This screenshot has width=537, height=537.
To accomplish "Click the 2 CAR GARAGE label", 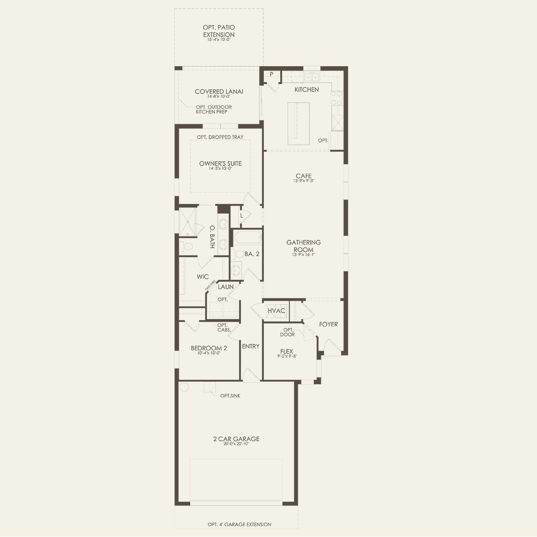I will (x=236, y=439).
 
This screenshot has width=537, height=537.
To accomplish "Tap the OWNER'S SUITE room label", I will (x=220, y=163).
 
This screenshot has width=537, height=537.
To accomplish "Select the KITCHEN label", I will (x=307, y=89).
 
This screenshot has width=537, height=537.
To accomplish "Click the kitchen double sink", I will (x=312, y=78).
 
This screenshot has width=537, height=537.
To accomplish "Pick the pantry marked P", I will (x=272, y=74).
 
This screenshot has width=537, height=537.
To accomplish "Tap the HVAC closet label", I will (x=276, y=311).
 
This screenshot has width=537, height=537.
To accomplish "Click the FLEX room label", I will (x=286, y=351).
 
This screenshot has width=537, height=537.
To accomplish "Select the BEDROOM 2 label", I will (x=209, y=348).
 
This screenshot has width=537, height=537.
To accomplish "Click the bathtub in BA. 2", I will (x=247, y=238).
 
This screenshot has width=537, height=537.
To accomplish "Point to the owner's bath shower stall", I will (x=188, y=222).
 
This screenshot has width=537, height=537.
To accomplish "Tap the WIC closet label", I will (x=203, y=276).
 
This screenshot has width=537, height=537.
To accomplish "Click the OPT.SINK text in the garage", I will (x=230, y=395).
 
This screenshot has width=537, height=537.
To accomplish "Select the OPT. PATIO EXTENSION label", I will (x=219, y=31).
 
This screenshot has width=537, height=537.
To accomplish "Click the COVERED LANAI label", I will (x=219, y=91).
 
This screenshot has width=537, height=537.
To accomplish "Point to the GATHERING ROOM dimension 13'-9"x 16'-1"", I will (x=304, y=255).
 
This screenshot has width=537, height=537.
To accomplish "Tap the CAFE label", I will (x=304, y=176).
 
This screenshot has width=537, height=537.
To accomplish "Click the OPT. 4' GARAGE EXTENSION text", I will (x=239, y=524).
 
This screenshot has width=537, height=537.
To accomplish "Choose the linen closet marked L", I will (x=241, y=215).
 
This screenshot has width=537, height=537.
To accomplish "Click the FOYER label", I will (x=328, y=324).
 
